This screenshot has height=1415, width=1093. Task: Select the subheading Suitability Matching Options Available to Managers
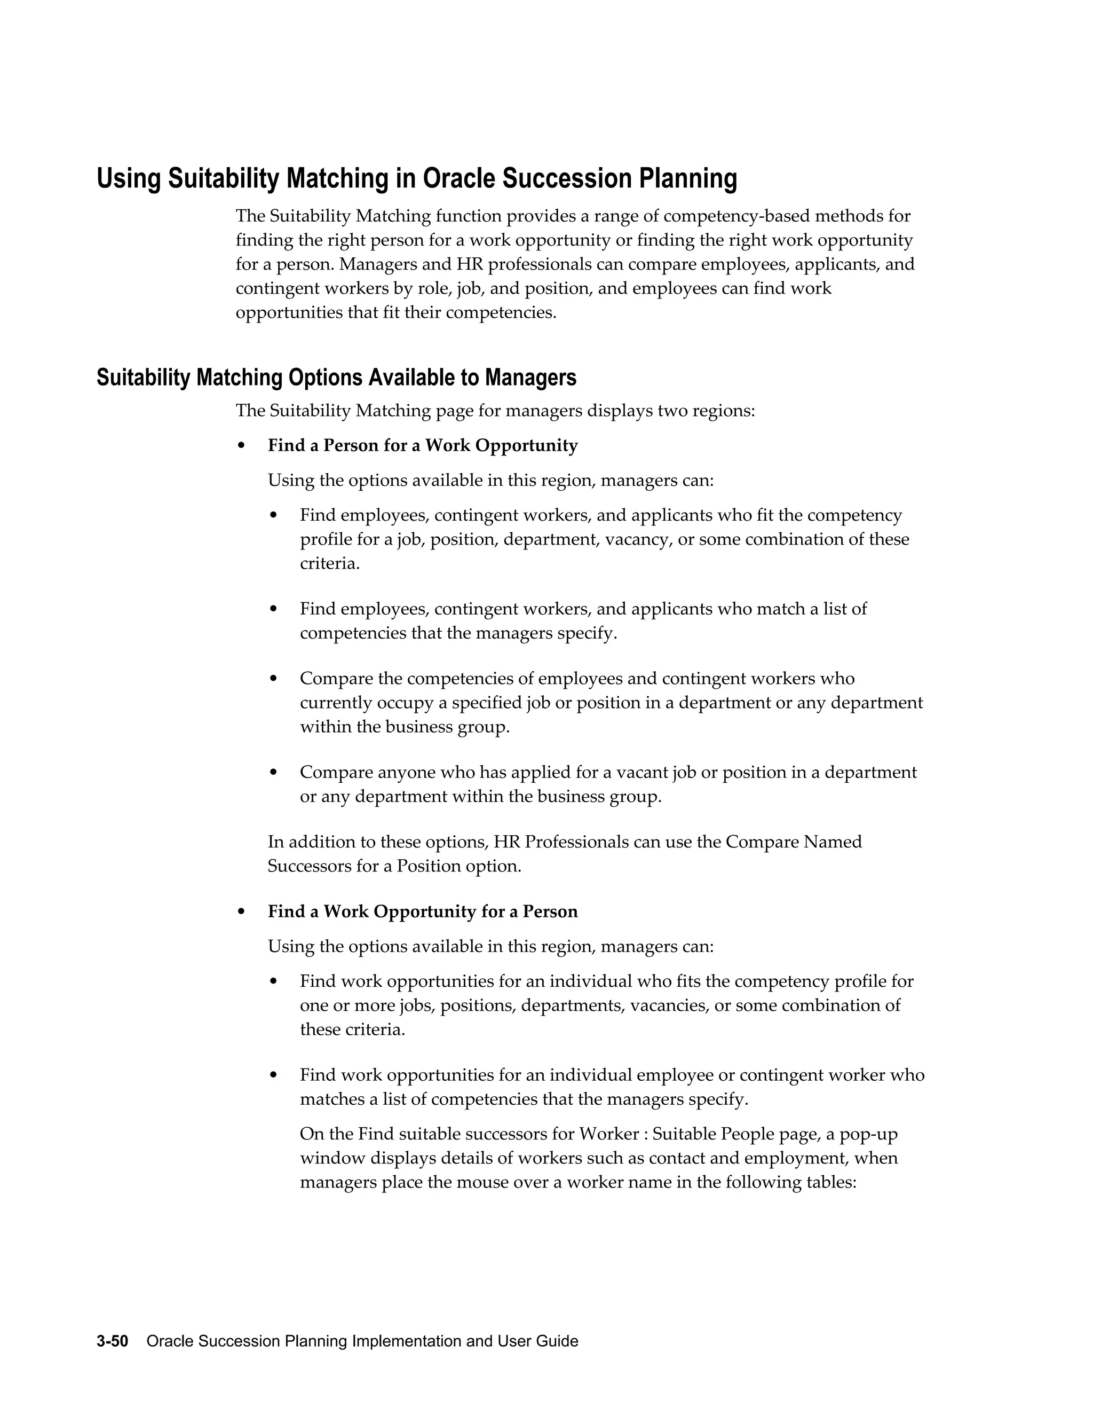coord(336,377)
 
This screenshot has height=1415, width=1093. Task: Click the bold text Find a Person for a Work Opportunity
coord(422,446)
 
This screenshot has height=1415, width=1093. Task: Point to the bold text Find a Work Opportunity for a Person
coord(422,911)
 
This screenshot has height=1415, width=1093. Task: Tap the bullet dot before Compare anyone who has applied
coord(273,772)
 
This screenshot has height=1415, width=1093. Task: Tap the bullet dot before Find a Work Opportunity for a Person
coord(242,911)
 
